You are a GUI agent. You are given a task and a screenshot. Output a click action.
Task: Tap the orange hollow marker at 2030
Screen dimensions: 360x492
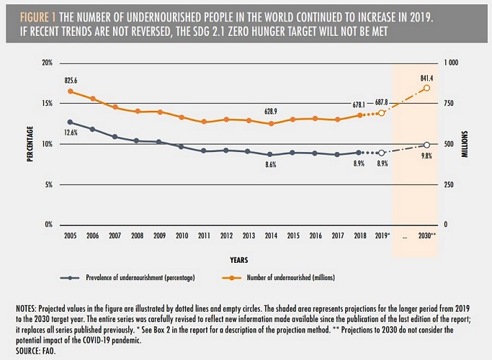click(x=427, y=88)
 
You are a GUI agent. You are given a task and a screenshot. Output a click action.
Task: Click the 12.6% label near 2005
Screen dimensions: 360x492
click(x=71, y=132)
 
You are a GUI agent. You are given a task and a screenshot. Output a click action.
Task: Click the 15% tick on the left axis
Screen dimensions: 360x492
click(x=48, y=104)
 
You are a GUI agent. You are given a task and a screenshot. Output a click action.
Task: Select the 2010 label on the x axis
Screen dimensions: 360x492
click(x=182, y=237)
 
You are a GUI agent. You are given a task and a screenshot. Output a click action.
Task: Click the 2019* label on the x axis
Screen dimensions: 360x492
click(x=383, y=237)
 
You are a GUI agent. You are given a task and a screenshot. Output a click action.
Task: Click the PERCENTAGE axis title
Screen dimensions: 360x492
click(x=30, y=144)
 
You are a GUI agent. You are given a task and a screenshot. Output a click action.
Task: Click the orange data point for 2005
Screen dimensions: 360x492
click(x=71, y=91)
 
